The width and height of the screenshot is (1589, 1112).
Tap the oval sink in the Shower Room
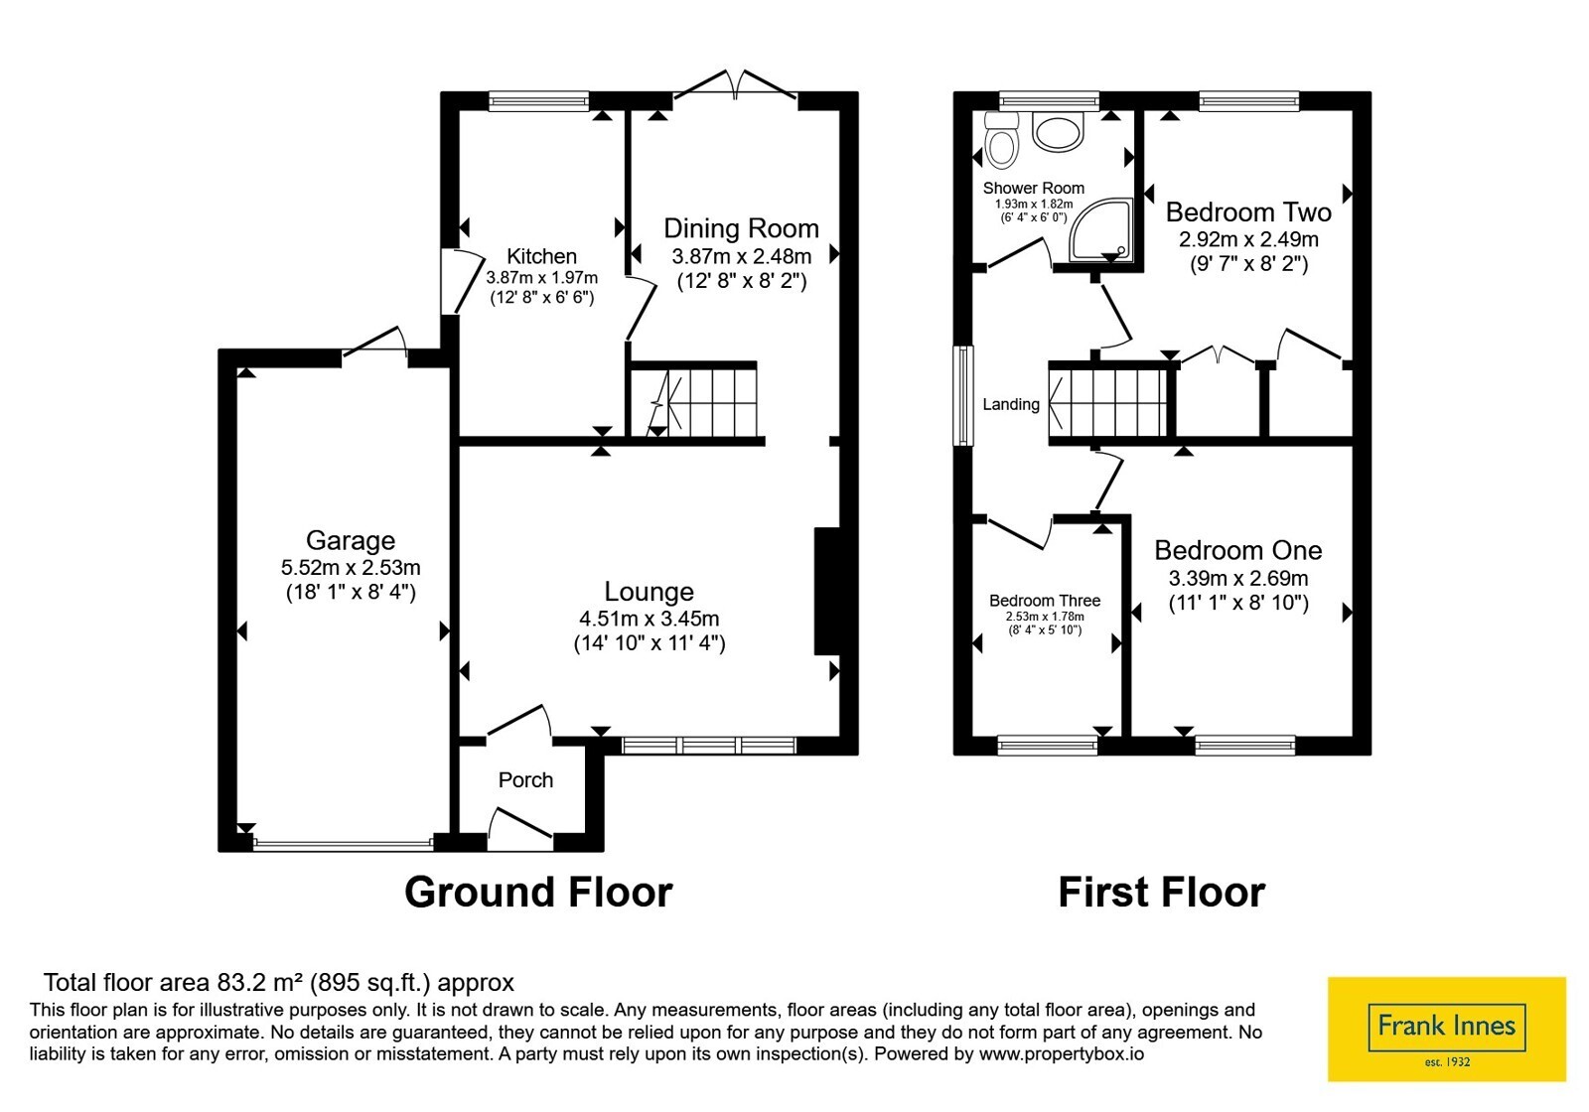tap(1058, 132)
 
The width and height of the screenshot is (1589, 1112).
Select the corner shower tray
tap(1101, 229)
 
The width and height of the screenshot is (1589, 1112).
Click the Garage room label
tap(351, 540)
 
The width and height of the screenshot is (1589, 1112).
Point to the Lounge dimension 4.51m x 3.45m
tap(650, 619)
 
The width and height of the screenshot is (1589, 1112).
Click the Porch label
tap(525, 780)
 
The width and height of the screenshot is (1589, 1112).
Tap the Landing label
tap(1011, 404)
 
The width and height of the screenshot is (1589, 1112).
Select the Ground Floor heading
tap(538, 892)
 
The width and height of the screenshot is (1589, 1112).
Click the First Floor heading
tap(1162, 892)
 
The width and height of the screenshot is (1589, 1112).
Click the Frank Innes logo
tap(1447, 1029)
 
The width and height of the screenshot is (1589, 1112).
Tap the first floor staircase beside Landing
tap(1108, 401)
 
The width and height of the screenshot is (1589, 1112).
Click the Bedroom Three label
tap(1045, 601)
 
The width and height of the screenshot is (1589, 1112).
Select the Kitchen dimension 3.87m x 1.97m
tap(542, 278)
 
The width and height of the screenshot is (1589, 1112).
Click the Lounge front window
tap(709, 746)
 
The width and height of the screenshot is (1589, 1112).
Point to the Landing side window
tap(963, 395)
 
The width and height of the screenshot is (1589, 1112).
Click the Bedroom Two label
tap(1248, 212)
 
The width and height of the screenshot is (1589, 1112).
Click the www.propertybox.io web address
tap(1062, 1053)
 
